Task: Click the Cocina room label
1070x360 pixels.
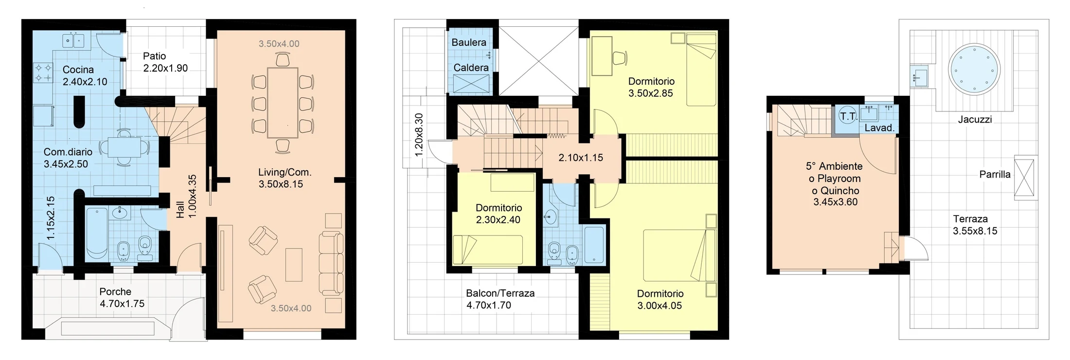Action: point(78,70)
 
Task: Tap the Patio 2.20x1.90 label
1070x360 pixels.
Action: point(165,62)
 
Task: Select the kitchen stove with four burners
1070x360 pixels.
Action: point(43,72)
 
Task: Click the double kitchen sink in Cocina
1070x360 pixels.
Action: point(73,40)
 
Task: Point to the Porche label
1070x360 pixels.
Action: point(115,291)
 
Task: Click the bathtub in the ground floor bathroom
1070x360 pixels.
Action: point(97,233)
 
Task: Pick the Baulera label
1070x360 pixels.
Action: point(469,42)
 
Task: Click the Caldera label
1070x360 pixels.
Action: point(471,68)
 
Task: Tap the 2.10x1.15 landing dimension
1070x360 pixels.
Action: point(581,158)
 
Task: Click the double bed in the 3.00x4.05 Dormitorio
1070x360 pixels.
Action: point(680,255)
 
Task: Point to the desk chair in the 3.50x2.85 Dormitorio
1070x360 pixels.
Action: point(619,58)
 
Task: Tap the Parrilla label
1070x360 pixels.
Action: point(995,174)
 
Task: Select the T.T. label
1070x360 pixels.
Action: point(848,116)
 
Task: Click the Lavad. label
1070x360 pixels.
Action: point(879,128)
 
